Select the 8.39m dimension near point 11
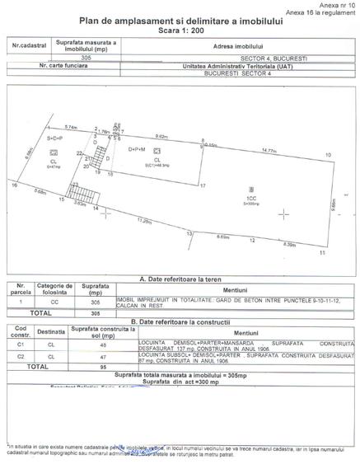pyautogui.click(x=288, y=244)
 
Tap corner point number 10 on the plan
pyautogui.click(x=328, y=155)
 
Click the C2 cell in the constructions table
pyautogui.click(x=24, y=357)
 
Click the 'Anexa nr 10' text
pyautogui.click(x=338, y=6)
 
